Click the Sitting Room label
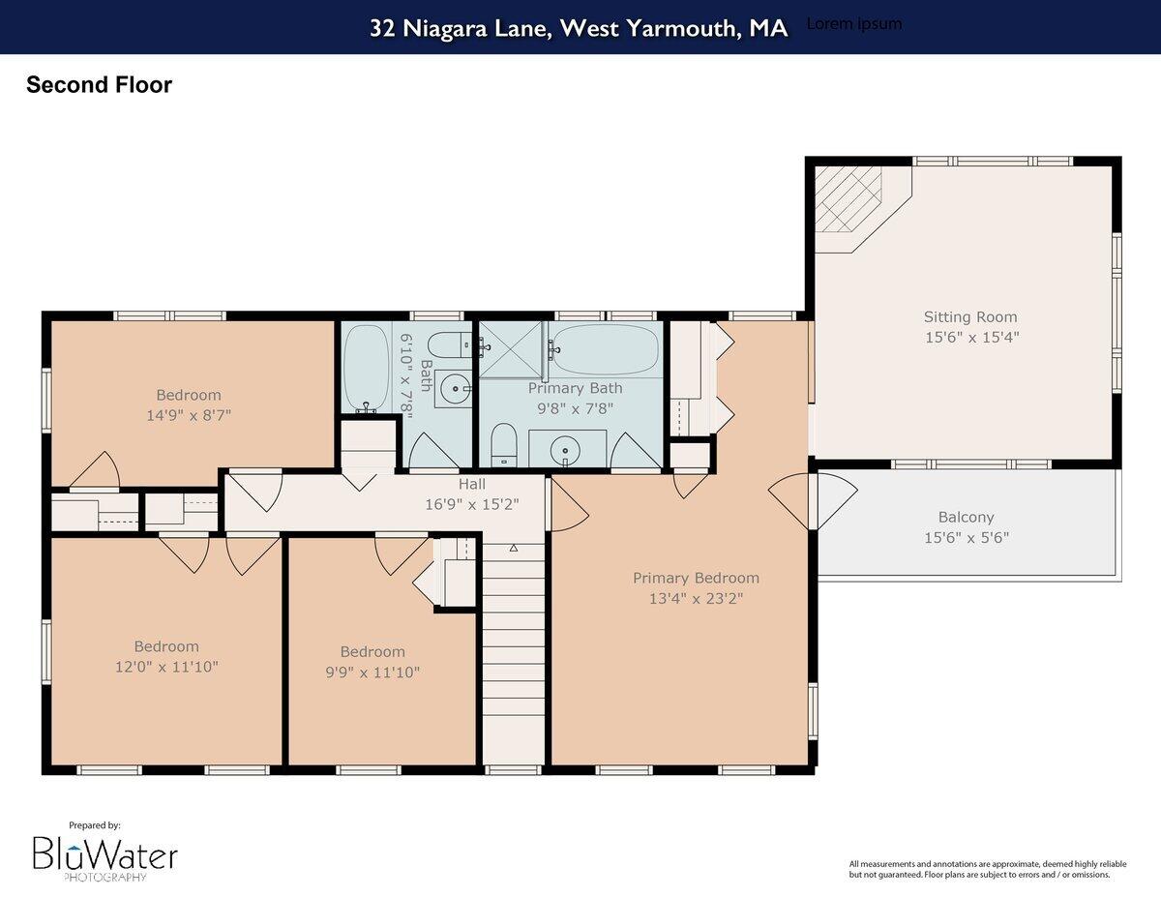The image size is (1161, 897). click(x=970, y=316)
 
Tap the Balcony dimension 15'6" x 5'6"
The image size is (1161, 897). click(x=966, y=538)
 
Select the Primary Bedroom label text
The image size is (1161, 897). click(x=696, y=578)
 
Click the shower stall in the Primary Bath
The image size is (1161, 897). click(x=513, y=349)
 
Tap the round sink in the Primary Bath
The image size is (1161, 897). click(x=566, y=450)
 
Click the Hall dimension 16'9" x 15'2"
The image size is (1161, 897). click(x=472, y=504)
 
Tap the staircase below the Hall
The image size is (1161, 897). click(x=513, y=648)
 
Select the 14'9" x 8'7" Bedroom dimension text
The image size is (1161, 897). click(x=189, y=415)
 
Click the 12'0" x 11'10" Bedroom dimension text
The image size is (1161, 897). click(x=166, y=667)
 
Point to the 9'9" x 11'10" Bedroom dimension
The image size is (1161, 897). click(x=372, y=672)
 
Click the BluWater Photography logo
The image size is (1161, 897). click(x=104, y=854)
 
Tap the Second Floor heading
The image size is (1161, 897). click(x=99, y=85)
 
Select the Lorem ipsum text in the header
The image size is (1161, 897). click(x=853, y=24)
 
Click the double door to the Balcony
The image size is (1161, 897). click(x=813, y=500)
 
